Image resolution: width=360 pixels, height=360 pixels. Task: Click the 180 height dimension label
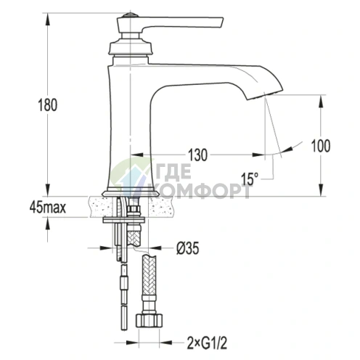(48, 105)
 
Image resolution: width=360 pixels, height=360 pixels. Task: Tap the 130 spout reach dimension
(197, 155)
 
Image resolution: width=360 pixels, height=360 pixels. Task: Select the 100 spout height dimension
(320, 146)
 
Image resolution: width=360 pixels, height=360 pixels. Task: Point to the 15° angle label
(250, 179)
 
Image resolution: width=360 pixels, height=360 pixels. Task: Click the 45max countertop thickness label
(48, 208)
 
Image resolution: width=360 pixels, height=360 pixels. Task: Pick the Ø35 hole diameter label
(188, 248)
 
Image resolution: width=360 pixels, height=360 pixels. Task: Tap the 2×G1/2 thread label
(207, 343)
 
